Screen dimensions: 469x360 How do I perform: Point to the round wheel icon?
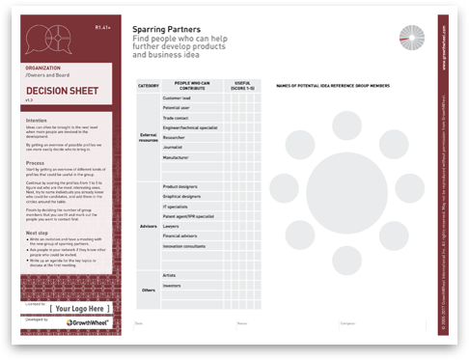point(412,36)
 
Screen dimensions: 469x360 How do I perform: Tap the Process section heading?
point(38,165)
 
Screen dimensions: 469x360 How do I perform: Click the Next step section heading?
point(40,233)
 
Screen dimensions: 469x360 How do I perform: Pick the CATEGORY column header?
point(149,86)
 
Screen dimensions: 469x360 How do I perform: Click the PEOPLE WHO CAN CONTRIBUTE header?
point(195,86)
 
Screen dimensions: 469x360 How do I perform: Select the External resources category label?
point(149,136)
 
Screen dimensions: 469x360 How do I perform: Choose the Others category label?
point(149,289)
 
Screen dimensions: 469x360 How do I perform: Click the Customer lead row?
point(180,98)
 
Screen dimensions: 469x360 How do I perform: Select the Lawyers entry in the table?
point(174,224)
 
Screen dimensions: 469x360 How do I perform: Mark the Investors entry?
point(174,286)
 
